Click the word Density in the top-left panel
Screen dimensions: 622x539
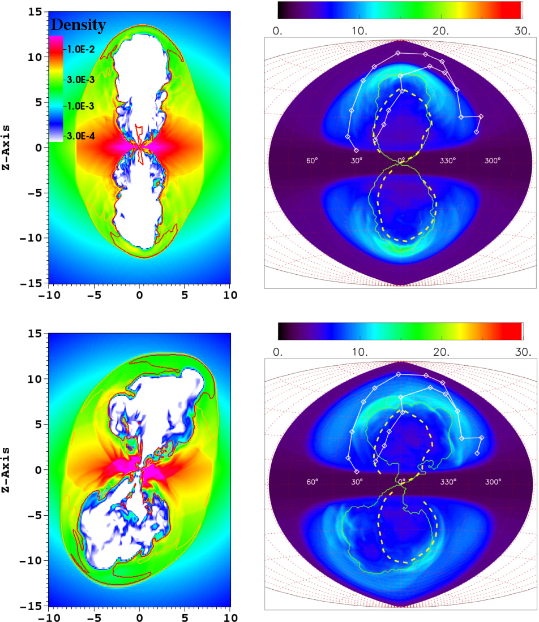click(78, 25)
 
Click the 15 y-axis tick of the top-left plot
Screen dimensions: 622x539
click(35, 12)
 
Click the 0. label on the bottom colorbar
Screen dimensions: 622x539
click(277, 352)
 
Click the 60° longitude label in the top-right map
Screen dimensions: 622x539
click(312, 161)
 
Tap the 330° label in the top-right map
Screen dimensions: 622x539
click(447, 161)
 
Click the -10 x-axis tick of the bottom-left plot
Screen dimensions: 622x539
click(48, 616)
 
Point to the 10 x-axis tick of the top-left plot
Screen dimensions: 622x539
click(230, 295)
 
